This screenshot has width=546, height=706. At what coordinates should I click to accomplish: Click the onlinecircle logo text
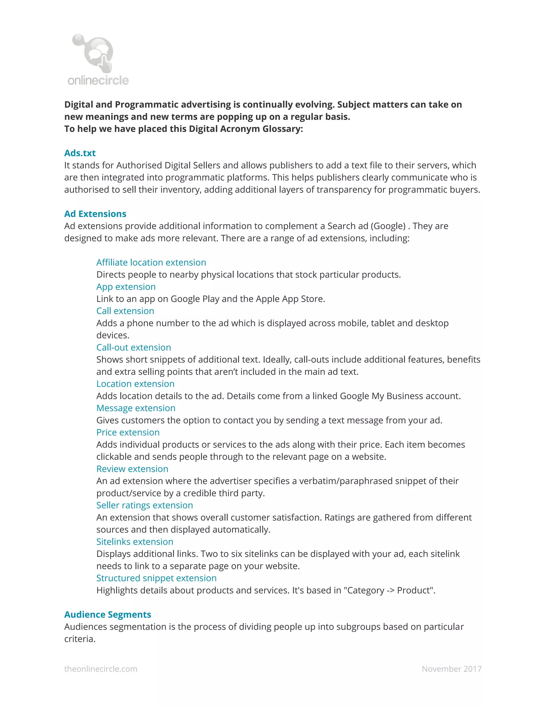98,80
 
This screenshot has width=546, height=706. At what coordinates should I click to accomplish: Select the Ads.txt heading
80,153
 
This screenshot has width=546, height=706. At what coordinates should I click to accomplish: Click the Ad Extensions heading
95,214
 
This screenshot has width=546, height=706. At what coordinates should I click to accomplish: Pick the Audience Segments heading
108,614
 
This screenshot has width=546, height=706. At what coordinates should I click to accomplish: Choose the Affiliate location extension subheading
151,262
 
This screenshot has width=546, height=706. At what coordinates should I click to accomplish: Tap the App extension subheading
126,286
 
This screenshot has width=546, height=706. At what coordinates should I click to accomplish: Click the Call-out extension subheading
134,347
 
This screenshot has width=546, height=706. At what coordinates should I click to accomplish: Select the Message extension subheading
136,408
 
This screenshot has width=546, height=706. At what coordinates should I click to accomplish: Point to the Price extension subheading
128,432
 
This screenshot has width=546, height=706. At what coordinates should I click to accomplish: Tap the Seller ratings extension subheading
144,505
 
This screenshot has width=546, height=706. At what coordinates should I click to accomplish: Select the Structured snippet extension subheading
156,578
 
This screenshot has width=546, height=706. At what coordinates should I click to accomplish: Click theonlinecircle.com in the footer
101,668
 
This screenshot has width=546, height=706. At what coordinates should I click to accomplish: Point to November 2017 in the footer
452,668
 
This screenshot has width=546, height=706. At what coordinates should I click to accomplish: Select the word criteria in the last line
79,639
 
